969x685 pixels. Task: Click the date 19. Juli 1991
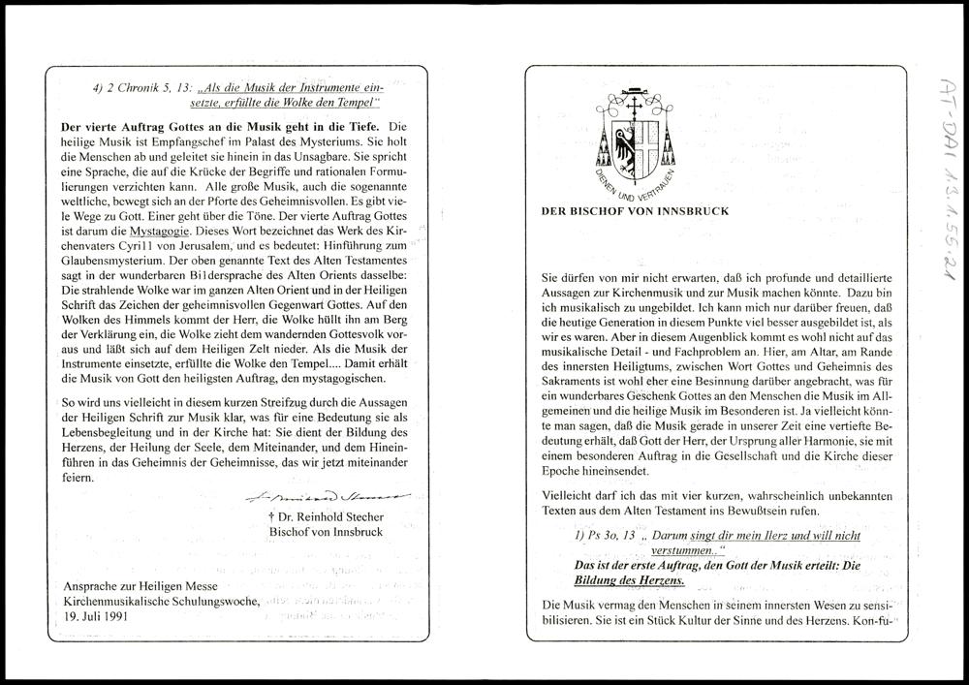tap(97, 616)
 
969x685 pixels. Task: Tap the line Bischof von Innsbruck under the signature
tap(326, 532)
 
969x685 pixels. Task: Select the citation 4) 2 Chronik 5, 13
tap(133, 89)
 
